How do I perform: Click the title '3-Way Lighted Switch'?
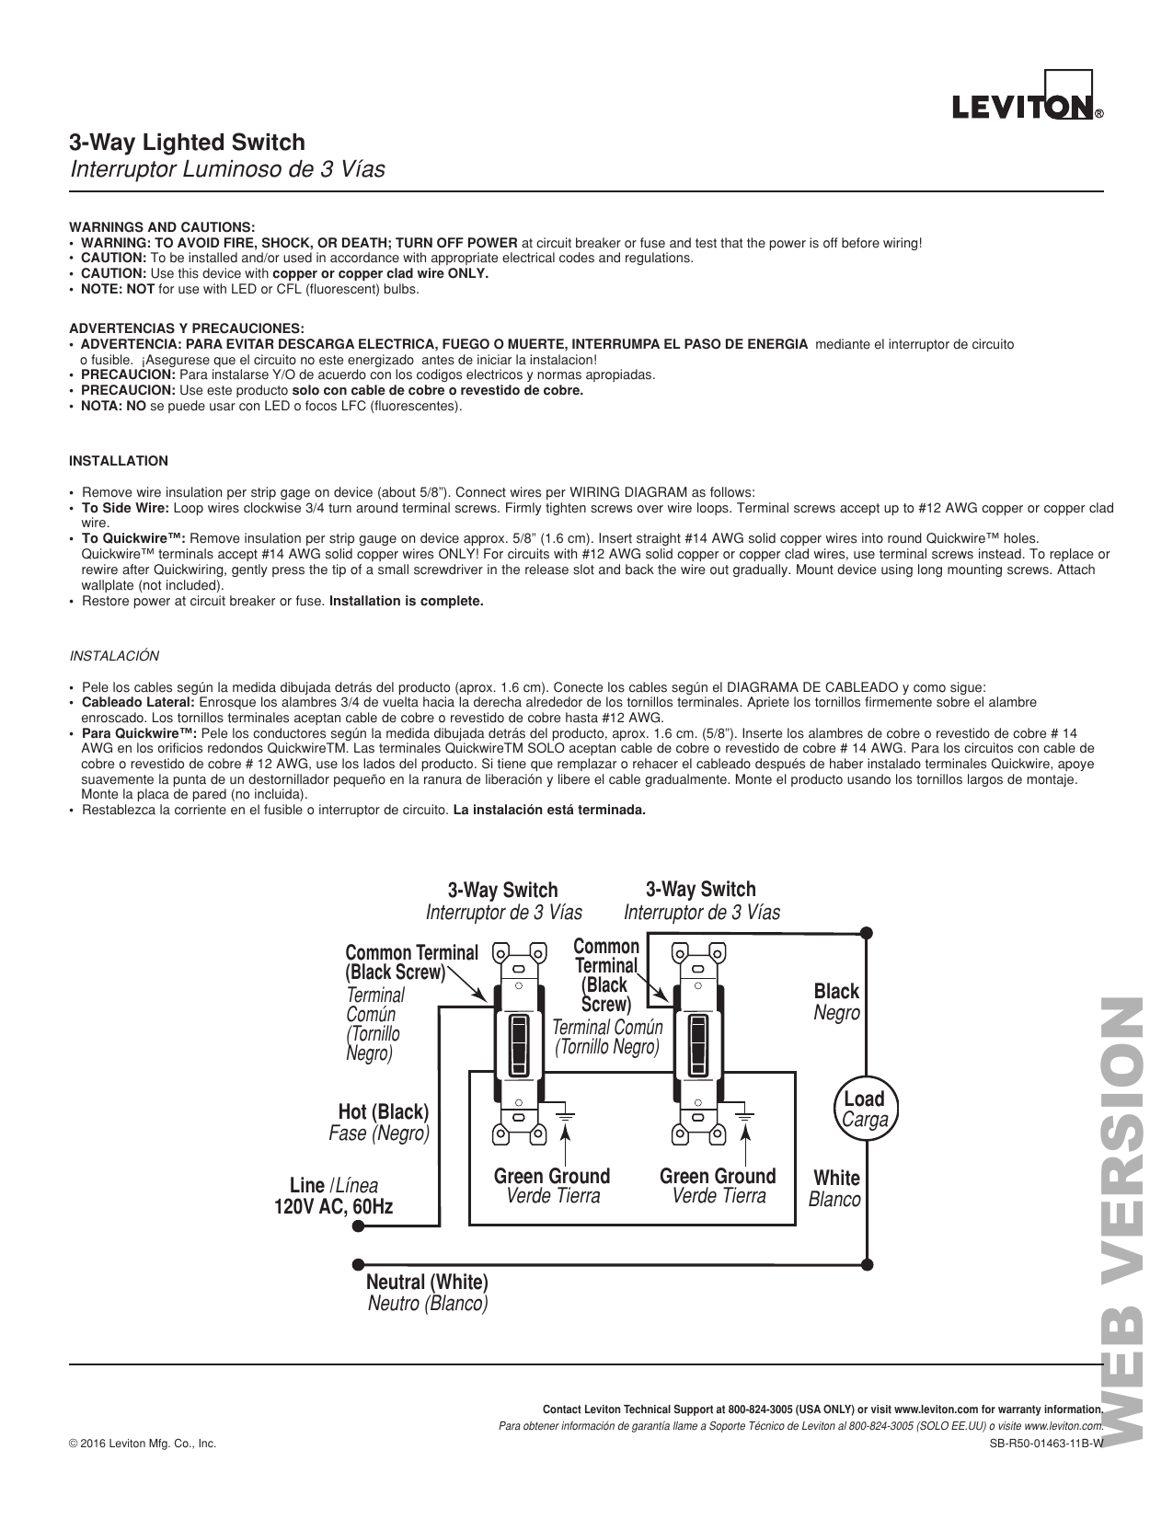point(187,143)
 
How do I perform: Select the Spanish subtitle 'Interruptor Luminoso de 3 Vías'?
point(227,170)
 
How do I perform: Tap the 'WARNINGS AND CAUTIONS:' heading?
point(162,226)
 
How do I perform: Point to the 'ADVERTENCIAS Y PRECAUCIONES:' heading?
point(187,328)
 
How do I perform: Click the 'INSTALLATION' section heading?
point(119,461)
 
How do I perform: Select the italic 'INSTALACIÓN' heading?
point(115,656)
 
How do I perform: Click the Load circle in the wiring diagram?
point(864,1109)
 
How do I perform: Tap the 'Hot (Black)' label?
point(383,1112)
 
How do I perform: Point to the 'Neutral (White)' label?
point(427,1282)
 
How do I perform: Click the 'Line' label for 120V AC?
point(307,1185)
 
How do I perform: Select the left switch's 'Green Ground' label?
point(552,1176)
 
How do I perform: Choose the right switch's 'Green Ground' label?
point(718,1176)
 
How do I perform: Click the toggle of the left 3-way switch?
point(519,1045)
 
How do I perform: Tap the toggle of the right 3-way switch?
point(698,1045)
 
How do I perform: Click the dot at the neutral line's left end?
point(358,1263)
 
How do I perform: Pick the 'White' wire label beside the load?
point(836,1178)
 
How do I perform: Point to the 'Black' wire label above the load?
point(836,991)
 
